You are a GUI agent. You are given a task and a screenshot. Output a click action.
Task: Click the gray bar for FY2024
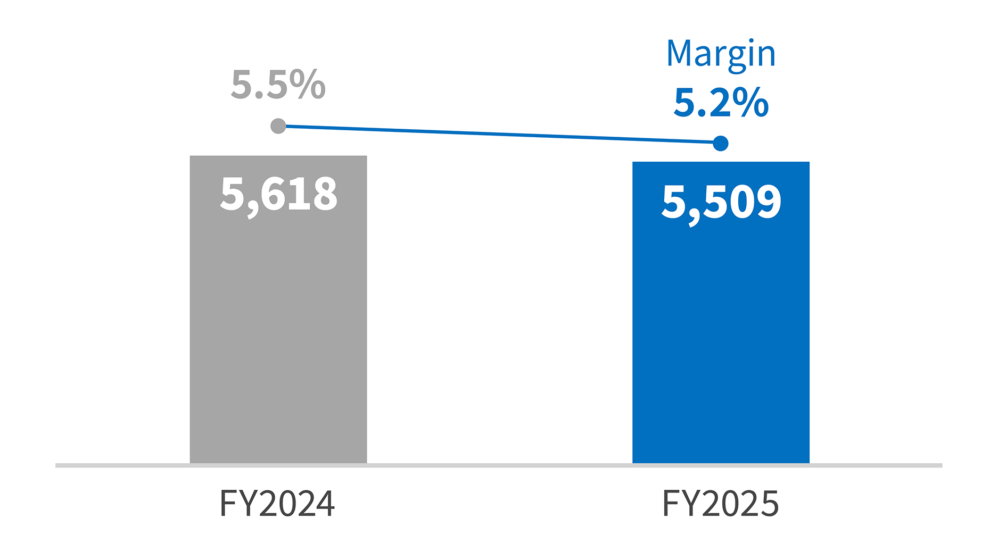[278, 330]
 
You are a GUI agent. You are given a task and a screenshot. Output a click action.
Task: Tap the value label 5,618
[278, 195]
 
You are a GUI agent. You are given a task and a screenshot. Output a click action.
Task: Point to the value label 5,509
[721, 203]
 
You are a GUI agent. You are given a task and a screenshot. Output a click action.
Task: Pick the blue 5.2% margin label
[721, 103]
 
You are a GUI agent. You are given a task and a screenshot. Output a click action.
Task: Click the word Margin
[721, 54]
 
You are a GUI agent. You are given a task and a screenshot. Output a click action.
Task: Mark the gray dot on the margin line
[278, 126]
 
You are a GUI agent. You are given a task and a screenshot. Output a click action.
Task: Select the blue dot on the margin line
[721, 143]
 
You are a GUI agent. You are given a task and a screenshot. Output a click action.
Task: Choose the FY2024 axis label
[277, 504]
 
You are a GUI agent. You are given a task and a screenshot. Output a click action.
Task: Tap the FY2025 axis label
[721, 504]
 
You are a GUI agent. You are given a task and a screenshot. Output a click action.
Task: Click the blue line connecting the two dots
[499, 135]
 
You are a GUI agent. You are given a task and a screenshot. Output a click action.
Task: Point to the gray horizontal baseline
[499, 465]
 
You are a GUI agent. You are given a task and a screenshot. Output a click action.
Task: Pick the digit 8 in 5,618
[324, 194]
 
